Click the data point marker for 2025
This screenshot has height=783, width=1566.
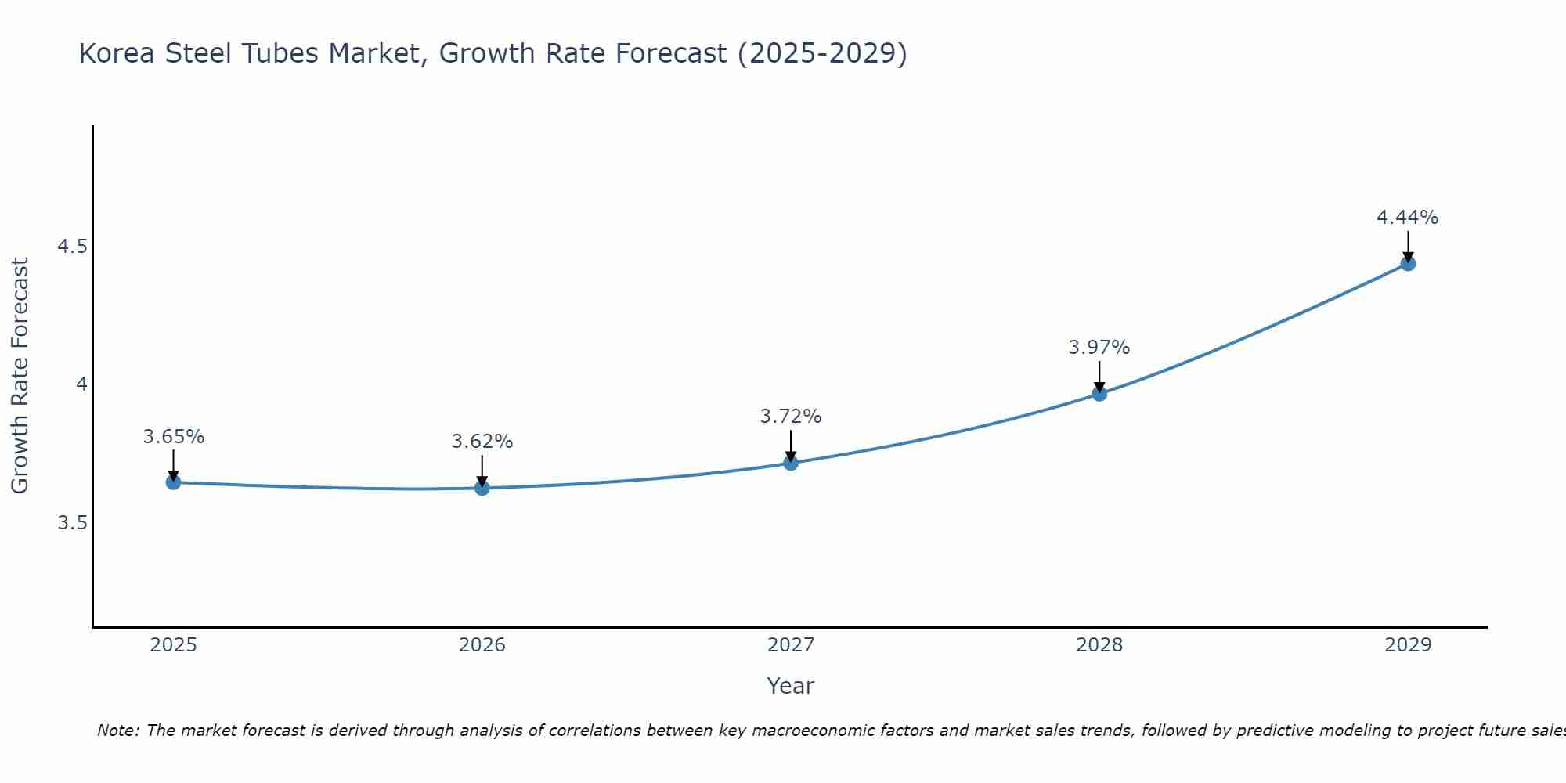pyautogui.click(x=174, y=482)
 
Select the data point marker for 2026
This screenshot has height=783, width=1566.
pyautogui.click(x=482, y=488)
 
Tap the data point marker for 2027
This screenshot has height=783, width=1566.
pyautogui.click(x=791, y=463)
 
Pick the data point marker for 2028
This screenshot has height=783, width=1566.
pyautogui.click(x=1099, y=393)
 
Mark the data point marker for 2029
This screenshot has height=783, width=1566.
pyautogui.click(x=1408, y=263)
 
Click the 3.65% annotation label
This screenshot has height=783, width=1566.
pyautogui.click(x=174, y=437)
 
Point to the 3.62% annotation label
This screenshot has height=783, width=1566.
pyautogui.click(x=482, y=442)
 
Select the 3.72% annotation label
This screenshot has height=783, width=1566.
pyautogui.click(x=791, y=417)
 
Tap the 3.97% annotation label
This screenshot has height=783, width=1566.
pyautogui.click(x=1099, y=348)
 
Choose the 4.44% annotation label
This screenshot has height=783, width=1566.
pyautogui.click(x=1408, y=218)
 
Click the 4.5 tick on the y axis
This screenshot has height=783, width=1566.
pyautogui.click(x=72, y=247)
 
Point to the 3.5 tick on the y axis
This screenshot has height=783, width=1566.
pyautogui.click(x=72, y=522)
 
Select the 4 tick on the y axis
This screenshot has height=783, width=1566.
pyautogui.click(x=81, y=384)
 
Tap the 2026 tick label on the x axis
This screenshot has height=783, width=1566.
pyautogui.click(x=482, y=645)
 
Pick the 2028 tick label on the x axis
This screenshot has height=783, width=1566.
pyautogui.click(x=1099, y=645)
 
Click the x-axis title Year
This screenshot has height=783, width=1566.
pyautogui.click(x=791, y=686)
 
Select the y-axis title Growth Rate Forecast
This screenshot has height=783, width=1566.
pyautogui.click(x=20, y=376)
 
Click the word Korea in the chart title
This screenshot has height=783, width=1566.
pyautogui.click(x=117, y=54)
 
